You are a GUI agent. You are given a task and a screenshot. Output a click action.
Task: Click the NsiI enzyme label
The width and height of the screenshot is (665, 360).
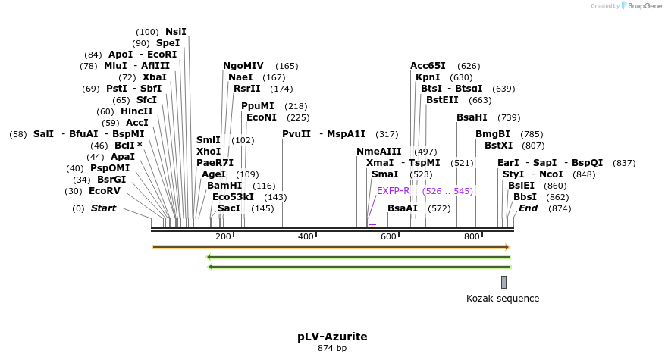pyautogui.click(x=175, y=32)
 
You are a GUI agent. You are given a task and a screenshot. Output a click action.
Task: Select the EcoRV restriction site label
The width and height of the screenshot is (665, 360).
pyautogui.click(x=105, y=191)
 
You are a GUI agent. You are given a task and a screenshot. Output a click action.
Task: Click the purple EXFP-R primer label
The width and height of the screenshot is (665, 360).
pyautogui.click(x=393, y=191)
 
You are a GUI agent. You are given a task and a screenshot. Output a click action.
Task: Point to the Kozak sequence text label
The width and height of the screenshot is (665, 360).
pyautogui.click(x=503, y=299)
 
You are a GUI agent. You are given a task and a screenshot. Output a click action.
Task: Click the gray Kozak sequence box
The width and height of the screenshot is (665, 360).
pyautogui.click(x=503, y=282)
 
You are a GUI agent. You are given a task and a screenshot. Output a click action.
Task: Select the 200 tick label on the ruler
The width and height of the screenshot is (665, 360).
pyautogui.click(x=223, y=237)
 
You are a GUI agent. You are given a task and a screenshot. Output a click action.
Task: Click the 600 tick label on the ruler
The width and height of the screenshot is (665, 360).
pyautogui.click(x=388, y=237)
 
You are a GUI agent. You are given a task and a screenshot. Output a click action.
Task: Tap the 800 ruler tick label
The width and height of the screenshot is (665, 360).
pyautogui.click(x=472, y=237)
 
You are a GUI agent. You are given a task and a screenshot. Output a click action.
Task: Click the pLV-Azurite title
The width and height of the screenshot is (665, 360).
pyautogui.click(x=332, y=336)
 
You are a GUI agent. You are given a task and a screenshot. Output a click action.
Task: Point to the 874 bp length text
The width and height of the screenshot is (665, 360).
pyautogui.click(x=332, y=349)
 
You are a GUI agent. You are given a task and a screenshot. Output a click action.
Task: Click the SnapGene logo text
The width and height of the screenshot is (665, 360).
pyautogui.click(x=641, y=6)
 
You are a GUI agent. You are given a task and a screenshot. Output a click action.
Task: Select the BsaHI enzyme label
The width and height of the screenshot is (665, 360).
pyautogui.click(x=472, y=117)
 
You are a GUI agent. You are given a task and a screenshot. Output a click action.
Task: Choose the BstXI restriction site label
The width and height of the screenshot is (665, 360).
pyautogui.click(x=499, y=146)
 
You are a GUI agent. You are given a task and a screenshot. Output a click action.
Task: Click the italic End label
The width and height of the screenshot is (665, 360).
pyautogui.click(x=528, y=208)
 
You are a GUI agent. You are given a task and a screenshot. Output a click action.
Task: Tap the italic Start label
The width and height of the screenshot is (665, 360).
pyautogui.click(x=104, y=208)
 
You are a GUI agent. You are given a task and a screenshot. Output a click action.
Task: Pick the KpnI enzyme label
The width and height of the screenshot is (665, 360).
pyautogui.click(x=428, y=77)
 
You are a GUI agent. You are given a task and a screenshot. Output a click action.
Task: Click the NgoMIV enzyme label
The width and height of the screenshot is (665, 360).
pyautogui.click(x=243, y=66)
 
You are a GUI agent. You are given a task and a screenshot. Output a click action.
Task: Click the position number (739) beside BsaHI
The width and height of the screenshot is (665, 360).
pyautogui.click(x=509, y=117)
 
